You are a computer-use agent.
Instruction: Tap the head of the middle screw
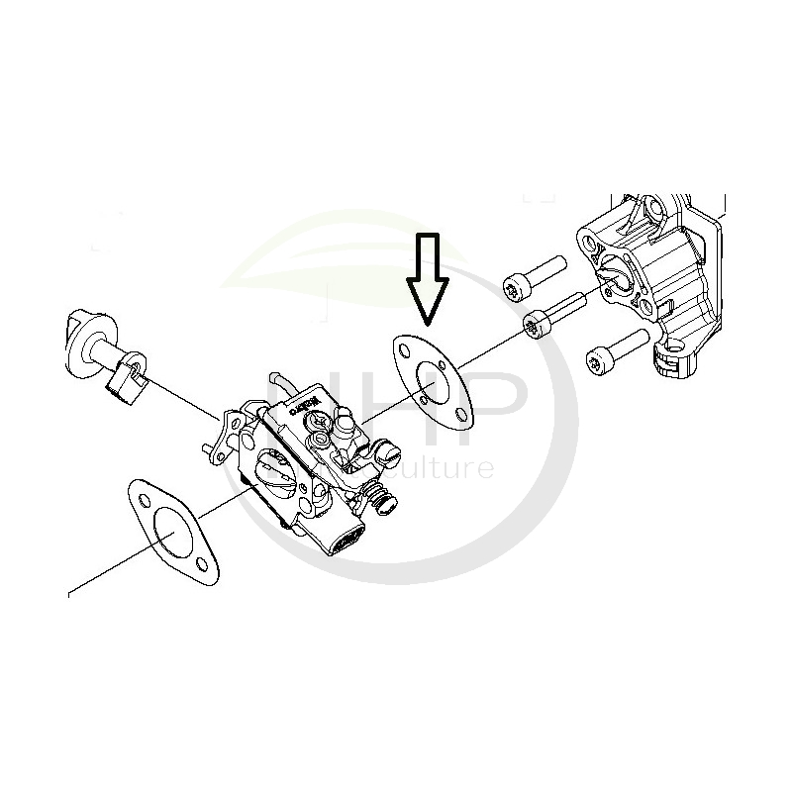pyautogui.click(x=534, y=324)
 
